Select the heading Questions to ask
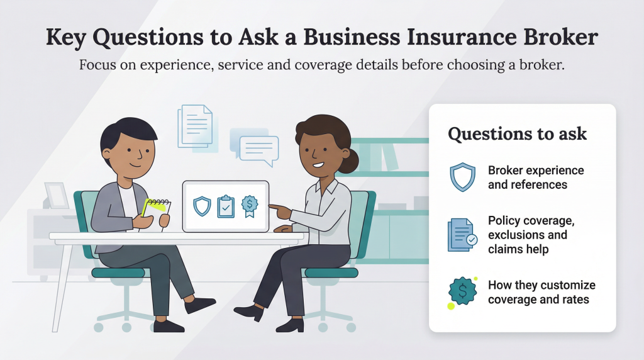pos(517,134)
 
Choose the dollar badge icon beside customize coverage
pos(463,291)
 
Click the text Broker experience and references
pos(535,178)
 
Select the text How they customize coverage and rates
pos(541,292)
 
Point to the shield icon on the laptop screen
pos(202,206)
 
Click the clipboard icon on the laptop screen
pos(226,206)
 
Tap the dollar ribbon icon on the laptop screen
pos(250,205)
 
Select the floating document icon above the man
pos(196,126)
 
